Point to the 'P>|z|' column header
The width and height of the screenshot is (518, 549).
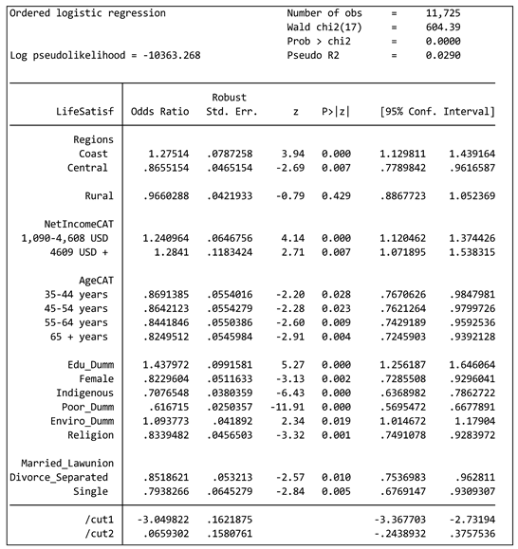point(335,112)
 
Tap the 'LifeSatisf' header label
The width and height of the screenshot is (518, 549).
point(84,112)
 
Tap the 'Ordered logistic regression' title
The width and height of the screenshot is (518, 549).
point(87,13)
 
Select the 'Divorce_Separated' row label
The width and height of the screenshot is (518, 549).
point(59,476)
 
